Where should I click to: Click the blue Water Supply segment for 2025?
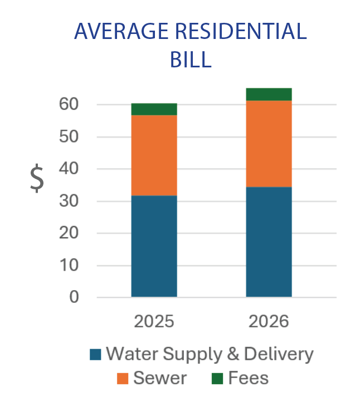(x=154, y=246)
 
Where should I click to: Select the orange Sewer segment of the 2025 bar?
(x=154, y=155)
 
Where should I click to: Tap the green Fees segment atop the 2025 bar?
(x=154, y=109)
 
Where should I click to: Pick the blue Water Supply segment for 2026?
(x=269, y=242)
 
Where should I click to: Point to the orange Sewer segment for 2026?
(x=269, y=144)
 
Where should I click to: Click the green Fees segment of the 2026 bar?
(x=269, y=94)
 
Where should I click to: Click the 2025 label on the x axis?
(x=154, y=322)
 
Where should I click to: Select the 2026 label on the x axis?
(x=269, y=322)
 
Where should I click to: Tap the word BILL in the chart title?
(x=191, y=58)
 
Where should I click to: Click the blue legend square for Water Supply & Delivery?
(x=96, y=354)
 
